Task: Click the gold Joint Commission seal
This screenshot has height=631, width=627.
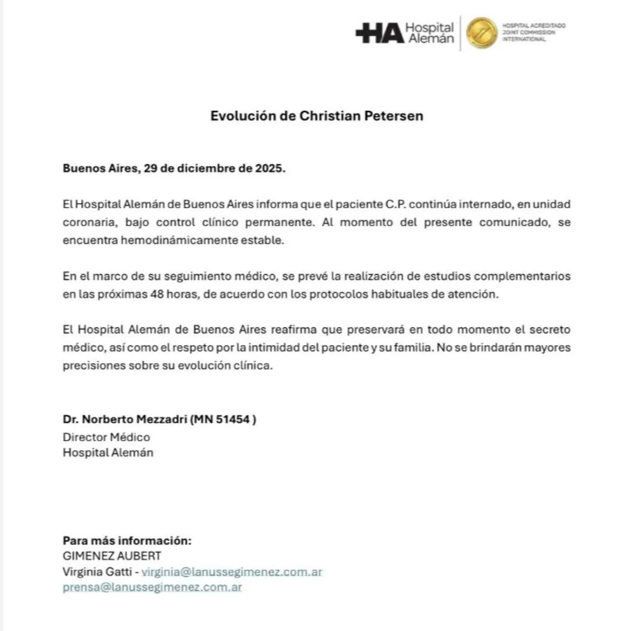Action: (481, 33)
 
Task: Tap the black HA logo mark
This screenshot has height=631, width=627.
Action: (380, 33)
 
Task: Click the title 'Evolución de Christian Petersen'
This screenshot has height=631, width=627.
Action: (317, 116)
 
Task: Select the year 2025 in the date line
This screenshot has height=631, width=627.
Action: (269, 169)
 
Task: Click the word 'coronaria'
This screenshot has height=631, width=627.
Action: (90, 223)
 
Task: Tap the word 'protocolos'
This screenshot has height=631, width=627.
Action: (339, 294)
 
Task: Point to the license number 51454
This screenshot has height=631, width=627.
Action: (233, 419)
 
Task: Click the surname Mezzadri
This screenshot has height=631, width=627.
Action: (161, 419)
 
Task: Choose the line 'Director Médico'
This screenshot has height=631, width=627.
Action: (106, 437)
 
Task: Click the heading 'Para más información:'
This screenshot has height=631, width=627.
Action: (127, 541)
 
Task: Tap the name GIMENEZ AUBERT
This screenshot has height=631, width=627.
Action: (112, 556)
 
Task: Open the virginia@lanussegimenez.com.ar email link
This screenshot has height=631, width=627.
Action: (231, 571)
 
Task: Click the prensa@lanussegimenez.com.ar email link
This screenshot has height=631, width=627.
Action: (152, 587)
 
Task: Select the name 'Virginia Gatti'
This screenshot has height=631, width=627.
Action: (97, 571)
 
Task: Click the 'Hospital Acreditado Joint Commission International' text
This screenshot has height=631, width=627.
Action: (533, 32)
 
